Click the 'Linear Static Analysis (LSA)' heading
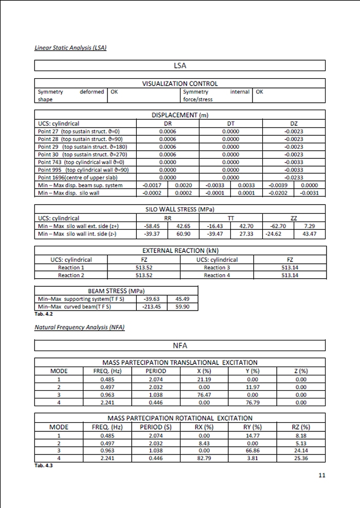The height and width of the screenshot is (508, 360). point(70,48)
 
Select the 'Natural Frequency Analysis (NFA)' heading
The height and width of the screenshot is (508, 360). point(79,327)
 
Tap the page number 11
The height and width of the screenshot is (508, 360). point(322,475)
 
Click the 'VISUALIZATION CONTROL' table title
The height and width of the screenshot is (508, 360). point(179,83)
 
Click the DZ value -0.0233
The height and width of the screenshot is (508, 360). point(294,177)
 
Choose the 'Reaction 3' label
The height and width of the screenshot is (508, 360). point(217,267)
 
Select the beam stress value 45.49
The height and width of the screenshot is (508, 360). point(183,299)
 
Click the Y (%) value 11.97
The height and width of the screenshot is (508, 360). point(252,387)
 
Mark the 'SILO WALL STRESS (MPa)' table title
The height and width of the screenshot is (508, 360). point(179,209)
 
